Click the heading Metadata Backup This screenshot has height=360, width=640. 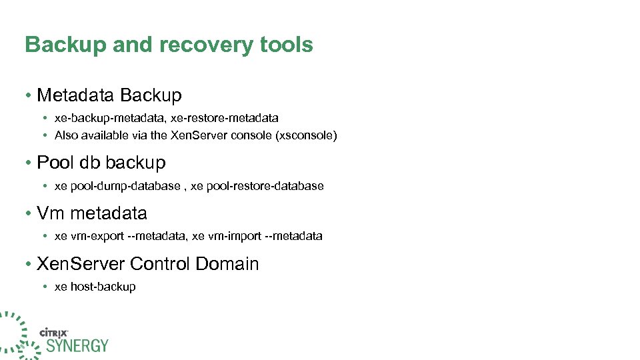pyautogui.click(x=109, y=95)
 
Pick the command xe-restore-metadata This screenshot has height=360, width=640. pyautogui.click(x=225, y=118)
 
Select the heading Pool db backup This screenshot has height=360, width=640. pyautogui.click(x=101, y=163)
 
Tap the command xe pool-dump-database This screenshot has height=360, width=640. pyautogui.click(x=117, y=186)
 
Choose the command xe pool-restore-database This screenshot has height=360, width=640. pyautogui.click(x=257, y=186)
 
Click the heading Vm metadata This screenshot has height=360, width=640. pyautogui.click(x=92, y=213)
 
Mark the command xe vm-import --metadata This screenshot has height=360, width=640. pyautogui.click(x=257, y=236)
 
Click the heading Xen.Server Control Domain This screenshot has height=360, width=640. pyautogui.click(x=148, y=264)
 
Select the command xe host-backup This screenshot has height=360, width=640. pyautogui.click(x=95, y=287)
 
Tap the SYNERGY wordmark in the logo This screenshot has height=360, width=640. pyautogui.click(x=77, y=345)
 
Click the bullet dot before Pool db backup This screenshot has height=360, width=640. pyautogui.click(x=29, y=163)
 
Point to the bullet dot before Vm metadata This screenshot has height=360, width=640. pyautogui.click(x=29, y=214)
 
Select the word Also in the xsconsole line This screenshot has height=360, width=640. pyautogui.click(x=66, y=135)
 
